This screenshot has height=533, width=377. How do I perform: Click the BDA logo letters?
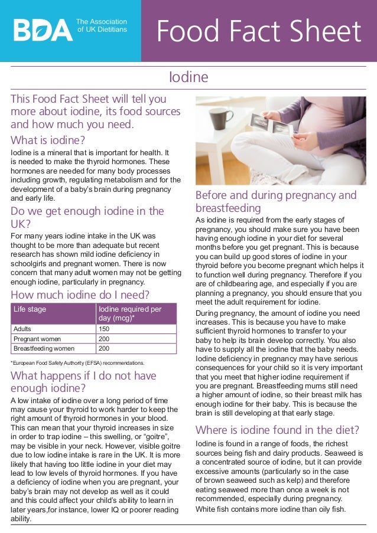[x=43, y=30]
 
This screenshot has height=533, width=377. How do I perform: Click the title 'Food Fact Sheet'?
[x=258, y=31]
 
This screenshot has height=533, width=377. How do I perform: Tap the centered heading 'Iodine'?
[x=188, y=78]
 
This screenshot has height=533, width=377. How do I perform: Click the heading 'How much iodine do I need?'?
[x=80, y=295]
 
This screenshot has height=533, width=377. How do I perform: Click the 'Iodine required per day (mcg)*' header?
[x=130, y=313]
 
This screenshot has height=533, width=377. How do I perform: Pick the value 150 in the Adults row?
[x=104, y=329]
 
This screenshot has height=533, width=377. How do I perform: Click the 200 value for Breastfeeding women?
[x=104, y=348]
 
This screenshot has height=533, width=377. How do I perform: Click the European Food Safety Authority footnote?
[x=77, y=362]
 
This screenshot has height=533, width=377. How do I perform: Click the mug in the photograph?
[x=219, y=118]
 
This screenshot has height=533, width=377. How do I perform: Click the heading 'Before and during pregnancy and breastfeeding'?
[x=276, y=201]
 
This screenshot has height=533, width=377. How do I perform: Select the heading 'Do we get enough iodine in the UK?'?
[x=87, y=217]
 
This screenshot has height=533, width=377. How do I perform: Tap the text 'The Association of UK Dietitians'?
[x=102, y=25]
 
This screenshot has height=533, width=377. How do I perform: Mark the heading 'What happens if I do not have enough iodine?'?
[x=83, y=382]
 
